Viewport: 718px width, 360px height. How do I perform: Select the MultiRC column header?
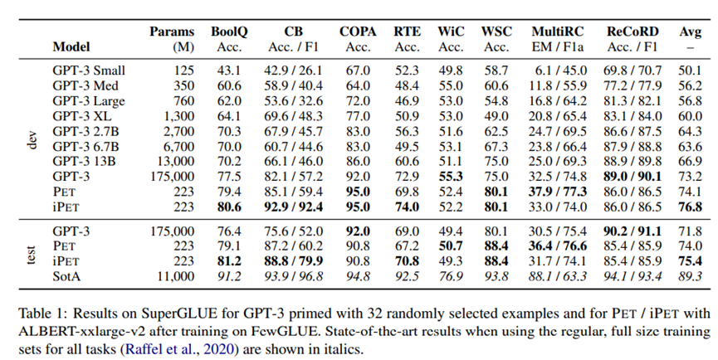point(555,32)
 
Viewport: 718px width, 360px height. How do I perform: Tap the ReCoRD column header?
point(633,32)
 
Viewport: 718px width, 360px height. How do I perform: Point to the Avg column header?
point(691,32)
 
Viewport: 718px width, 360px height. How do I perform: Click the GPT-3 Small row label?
point(88,71)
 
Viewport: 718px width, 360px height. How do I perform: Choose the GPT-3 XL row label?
point(81,116)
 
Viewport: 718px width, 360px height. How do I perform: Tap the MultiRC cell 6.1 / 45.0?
point(555,71)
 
